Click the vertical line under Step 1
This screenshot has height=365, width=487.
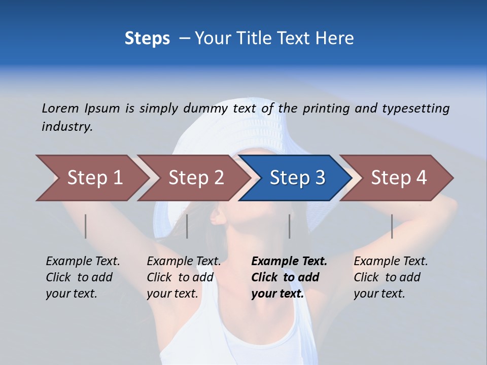[x=86, y=226]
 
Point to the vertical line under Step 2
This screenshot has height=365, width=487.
[x=187, y=226]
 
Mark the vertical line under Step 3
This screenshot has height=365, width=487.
[x=290, y=226]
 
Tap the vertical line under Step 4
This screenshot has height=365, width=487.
[x=392, y=226]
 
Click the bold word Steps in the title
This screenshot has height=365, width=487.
[x=147, y=39]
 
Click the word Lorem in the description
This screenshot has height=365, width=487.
[x=60, y=108]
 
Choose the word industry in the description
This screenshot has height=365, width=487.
[x=67, y=127]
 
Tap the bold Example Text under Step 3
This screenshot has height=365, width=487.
[x=289, y=262]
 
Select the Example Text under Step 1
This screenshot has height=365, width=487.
[x=83, y=262]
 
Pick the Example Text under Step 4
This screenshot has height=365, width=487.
[x=391, y=262]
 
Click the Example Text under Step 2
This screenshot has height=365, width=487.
[x=184, y=262]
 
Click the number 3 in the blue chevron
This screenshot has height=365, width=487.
[x=319, y=178]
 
